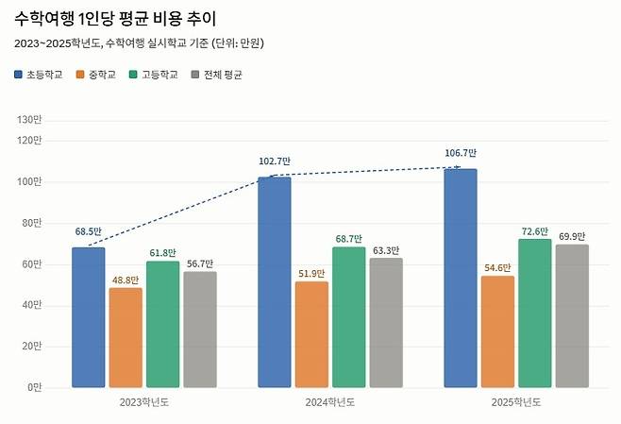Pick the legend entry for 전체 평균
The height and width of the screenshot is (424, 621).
click(x=216, y=75)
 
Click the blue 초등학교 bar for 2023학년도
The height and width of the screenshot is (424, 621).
click(x=89, y=317)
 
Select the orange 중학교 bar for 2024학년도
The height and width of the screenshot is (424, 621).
click(x=311, y=334)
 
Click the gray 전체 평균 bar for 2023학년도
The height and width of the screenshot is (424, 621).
click(x=200, y=330)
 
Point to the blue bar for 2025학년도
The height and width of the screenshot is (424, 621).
click(x=461, y=279)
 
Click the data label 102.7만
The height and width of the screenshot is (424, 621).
click(x=275, y=161)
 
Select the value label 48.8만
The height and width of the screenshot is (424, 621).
click(x=125, y=280)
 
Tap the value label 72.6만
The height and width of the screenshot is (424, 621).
click(x=535, y=230)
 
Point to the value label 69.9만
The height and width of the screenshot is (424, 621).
click(x=572, y=236)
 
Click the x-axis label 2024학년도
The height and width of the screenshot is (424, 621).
click(x=330, y=402)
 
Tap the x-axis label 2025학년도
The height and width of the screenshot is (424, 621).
click(x=516, y=402)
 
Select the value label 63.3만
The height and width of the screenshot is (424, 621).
click(x=386, y=250)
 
